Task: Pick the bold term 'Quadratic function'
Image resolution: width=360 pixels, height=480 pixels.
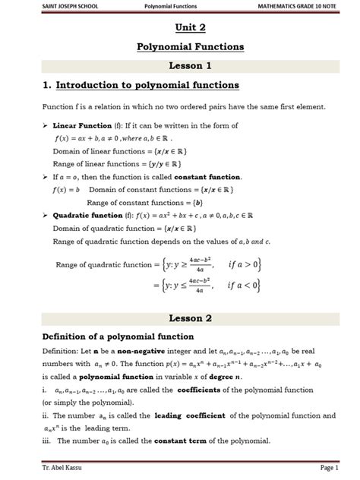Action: tap(88, 214)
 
